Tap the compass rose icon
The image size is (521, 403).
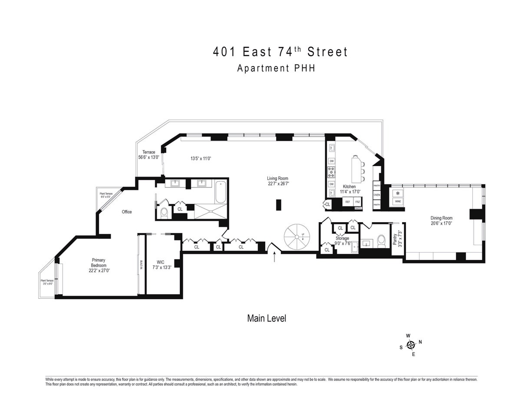click(x=410, y=345)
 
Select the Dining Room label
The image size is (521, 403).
click(x=441, y=221)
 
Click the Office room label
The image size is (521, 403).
click(x=126, y=212)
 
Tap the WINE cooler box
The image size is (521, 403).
click(x=397, y=202)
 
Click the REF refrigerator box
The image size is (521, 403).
click(x=347, y=202)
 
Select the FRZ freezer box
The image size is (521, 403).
click(x=358, y=202)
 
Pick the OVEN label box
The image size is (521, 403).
click(x=376, y=195)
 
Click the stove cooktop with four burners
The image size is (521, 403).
click(x=331, y=173)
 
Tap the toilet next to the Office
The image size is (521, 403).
click(x=164, y=212)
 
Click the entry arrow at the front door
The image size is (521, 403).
click(x=274, y=257)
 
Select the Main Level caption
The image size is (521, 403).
click(x=267, y=319)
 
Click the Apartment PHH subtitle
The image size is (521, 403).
click(x=276, y=68)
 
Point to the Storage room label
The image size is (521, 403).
click(x=342, y=238)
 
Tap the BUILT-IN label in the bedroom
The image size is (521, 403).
click(x=141, y=265)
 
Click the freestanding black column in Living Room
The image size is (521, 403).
click(x=279, y=204)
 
